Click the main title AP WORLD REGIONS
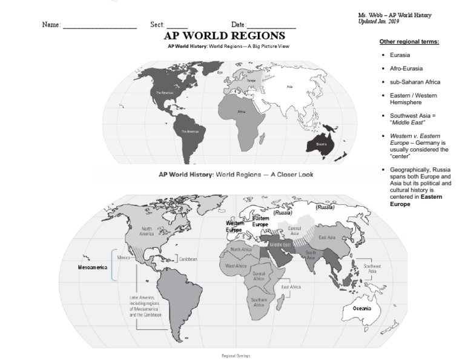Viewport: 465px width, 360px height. (225, 36)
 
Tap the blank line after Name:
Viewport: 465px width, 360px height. (100, 26)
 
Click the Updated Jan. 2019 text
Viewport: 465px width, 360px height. (378, 22)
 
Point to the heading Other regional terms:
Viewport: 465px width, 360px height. (409, 42)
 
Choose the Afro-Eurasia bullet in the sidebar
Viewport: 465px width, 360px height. (406, 68)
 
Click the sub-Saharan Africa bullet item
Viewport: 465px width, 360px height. (415, 82)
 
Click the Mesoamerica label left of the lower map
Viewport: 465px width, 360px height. (93, 267)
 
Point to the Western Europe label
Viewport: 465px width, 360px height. (235, 227)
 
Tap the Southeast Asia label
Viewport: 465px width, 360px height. (372, 268)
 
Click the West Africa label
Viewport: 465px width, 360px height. (236, 265)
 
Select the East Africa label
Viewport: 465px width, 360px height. (291, 287)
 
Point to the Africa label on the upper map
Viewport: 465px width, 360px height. (241, 112)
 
